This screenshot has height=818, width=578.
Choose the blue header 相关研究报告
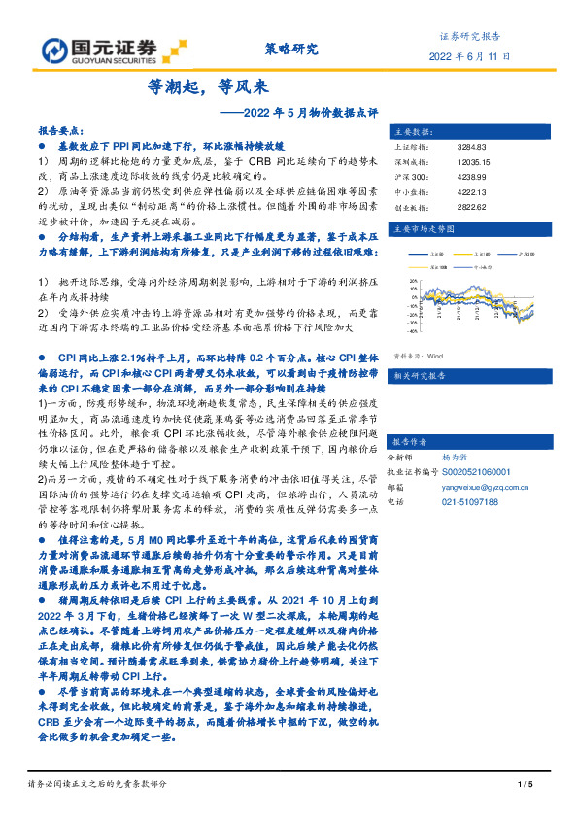click(x=417, y=347)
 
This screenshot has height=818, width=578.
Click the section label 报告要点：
click(x=61, y=129)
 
